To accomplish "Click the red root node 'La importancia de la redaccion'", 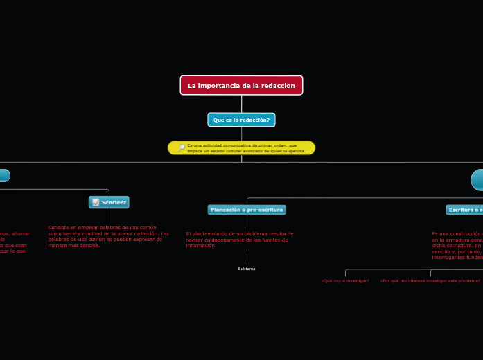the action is pos(241,85).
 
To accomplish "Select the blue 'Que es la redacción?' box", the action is pos(241,120).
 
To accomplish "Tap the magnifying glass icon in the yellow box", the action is pos(182,148).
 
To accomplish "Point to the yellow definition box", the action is pos(242,148).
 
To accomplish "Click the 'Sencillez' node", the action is pos(109,202).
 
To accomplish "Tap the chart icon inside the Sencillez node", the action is pos(96,202).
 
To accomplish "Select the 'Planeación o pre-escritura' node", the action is pos(247,209).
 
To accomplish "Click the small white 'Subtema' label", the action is pos(247,269).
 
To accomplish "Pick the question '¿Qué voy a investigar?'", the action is pos(345,281).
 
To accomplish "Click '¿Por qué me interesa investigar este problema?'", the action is pos(430,281).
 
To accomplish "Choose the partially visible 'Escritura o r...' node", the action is pos(464,209).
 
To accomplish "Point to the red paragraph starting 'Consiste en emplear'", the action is pos(108,236).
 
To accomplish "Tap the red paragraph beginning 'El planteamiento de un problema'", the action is pos(240,239).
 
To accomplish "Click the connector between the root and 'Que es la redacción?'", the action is pos(241,104).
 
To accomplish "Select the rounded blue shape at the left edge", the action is pos(3,175).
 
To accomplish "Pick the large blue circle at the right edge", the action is pos(477,179).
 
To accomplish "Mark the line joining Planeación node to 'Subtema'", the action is pos(247,256).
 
